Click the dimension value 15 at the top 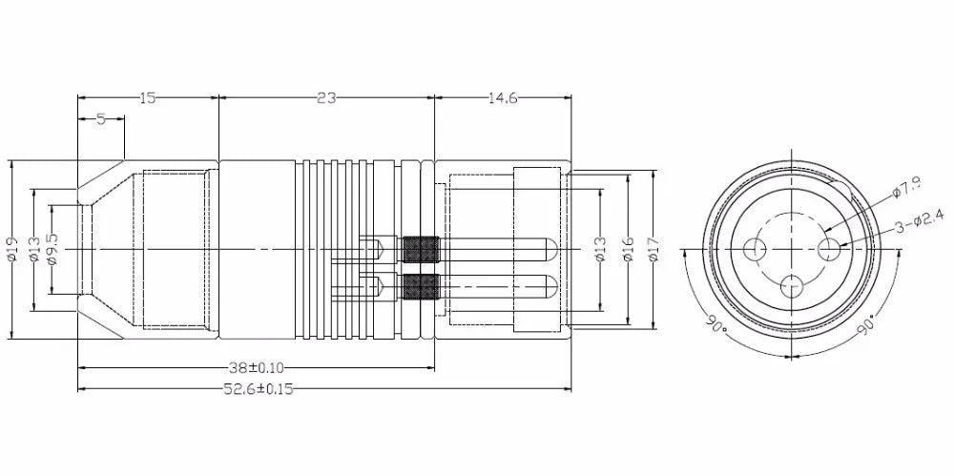[148, 97]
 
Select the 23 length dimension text [325, 97]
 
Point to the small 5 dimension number [99, 120]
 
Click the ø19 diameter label [12, 248]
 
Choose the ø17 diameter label [653, 249]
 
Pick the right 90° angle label [865, 324]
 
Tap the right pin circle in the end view [829, 249]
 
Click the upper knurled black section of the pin [421, 249]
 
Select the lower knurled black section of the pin [421, 284]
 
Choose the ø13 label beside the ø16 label [600, 249]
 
